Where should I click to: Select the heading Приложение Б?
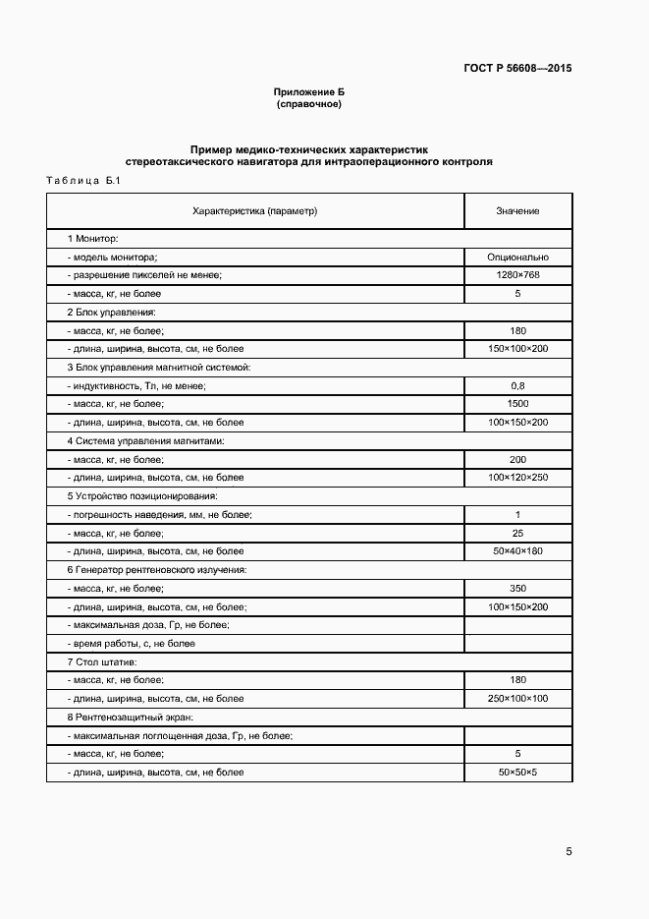pyautogui.click(x=309, y=91)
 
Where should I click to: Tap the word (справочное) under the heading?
pyautogui.click(x=309, y=103)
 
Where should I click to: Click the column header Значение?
pyautogui.click(x=517, y=211)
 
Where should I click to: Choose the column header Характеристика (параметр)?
pyautogui.click(x=255, y=211)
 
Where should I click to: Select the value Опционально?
pyautogui.click(x=517, y=257)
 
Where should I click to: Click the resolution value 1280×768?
pyautogui.click(x=517, y=275)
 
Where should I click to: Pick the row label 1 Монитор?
pyautogui.click(x=92, y=239)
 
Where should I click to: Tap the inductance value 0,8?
pyautogui.click(x=517, y=385)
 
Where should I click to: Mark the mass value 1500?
pyautogui.click(x=517, y=404)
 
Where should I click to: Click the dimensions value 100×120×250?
pyautogui.click(x=517, y=478)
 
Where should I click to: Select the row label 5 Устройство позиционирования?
pyautogui.click(x=141, y=496)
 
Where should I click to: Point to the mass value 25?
pyautogui.click(x=517, y=533)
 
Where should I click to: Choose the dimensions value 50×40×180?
pyautogui.click(x=517, y=551)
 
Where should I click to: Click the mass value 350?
pyautogui.click(x=517, y=588)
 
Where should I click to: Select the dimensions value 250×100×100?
pyautogui.click(x=517, y=699)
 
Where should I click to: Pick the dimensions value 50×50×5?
pyautogui.click(x=517, y=773)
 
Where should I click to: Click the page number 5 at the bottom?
pyautogui.click(x=568, y=851)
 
